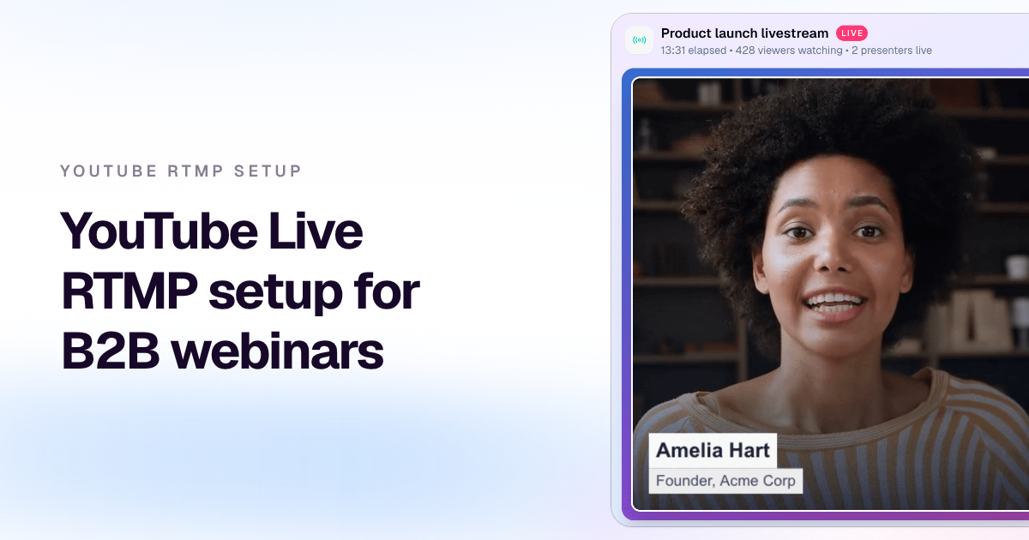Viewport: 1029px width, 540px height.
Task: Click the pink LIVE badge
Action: pyautogui.click(x=851, y=33)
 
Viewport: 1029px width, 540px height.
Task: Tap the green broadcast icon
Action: pyautogui.click(x=639, y=40)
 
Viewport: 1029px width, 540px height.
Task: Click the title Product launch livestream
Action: pyautogui.click(x=744, y=33)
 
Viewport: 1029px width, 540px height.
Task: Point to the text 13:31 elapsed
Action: pyautogui.click(x=694, y=51)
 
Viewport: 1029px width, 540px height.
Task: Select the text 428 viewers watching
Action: pyautogui.click(x=789, y=51)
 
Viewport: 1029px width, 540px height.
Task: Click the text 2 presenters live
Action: pyautogui.click(x=892, y=51)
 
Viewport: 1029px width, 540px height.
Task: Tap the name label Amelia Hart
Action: pyautogui.click(x=713, y=451)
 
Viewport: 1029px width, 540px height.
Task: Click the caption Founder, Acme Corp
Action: pyautogui.click(x=725, y=481)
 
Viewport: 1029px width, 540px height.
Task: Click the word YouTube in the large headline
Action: pyautogui.click(x=159, y=231)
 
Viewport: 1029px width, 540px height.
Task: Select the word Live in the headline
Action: pyautogui.click(x=316, y=231)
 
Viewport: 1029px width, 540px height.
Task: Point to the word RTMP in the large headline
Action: pyautogui.click(x=130, y=291)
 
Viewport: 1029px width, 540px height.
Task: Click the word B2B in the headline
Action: pyautogui.click(x=111, y=351)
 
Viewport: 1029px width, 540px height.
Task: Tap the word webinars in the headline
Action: pyautogui.click(x=278, y=351)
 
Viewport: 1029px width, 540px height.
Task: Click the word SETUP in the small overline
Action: pyautogui.click(x=268, y=171)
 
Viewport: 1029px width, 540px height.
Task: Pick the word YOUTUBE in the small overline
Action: pyautogui.click(x=108, y=171)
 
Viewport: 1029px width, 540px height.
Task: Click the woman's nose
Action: pyautogui.click(x=834, y=256)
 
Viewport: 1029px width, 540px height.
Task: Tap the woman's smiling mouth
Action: pyautogui.click(x=833, y=305)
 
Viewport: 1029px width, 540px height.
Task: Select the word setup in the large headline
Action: pyautogui.click(x=275, y=294)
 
